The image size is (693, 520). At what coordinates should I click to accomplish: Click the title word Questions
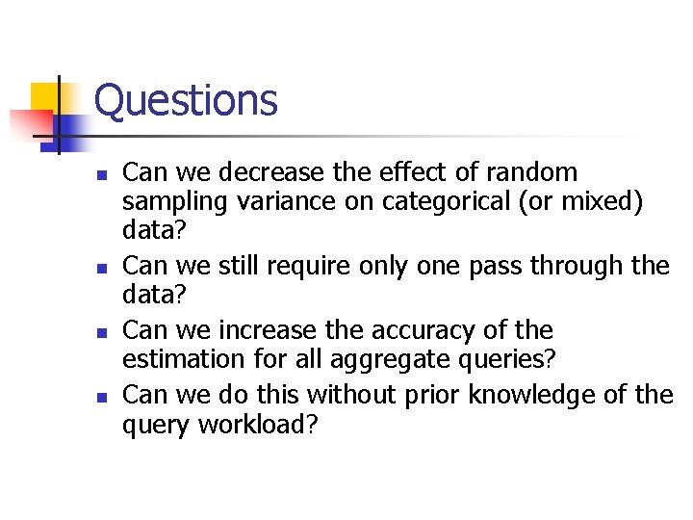point(186,100)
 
